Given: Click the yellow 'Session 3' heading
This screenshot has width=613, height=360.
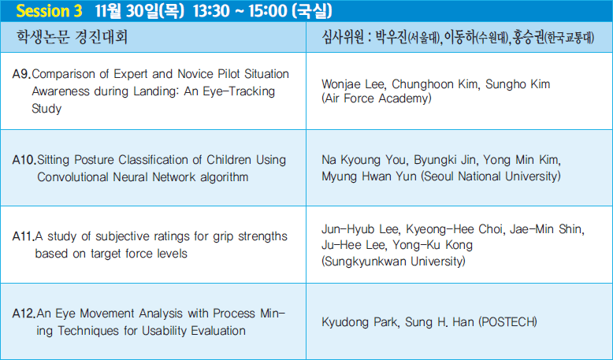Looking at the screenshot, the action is pos(49,11).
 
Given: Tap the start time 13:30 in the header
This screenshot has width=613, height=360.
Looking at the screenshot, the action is pos(211,11).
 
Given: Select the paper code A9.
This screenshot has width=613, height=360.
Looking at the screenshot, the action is pos(21,74).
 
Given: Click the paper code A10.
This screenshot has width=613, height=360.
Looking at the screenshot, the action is pos(24,160).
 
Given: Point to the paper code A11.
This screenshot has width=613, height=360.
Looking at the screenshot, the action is pos(24,236).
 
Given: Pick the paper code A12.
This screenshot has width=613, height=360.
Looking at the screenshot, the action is pos(24,314).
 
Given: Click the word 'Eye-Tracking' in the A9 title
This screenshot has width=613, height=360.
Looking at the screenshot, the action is pos(239,91).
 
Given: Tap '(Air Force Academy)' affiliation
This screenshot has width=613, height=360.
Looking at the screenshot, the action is pos(377,98).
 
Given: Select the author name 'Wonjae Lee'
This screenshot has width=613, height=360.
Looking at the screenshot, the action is pos(355,84).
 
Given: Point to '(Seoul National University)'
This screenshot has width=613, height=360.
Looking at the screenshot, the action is pos(491,176).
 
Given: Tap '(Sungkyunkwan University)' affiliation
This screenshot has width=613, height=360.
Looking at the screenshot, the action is pos(393,261).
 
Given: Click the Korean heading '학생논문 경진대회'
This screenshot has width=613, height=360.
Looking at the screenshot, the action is pos(72,37).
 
